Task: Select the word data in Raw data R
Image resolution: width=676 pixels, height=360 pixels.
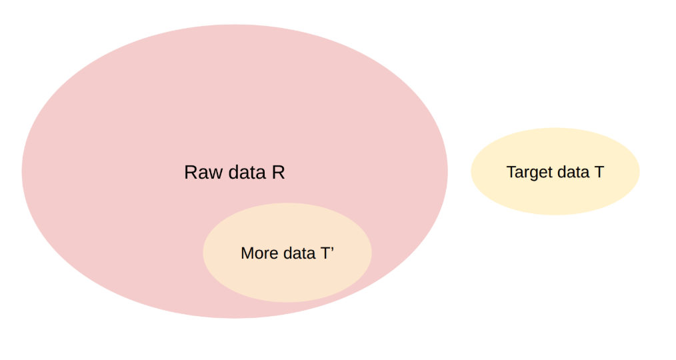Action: (247, 173)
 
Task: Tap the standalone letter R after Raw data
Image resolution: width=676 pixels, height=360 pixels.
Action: (279, 173)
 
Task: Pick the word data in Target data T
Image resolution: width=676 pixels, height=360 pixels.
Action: (573, 172)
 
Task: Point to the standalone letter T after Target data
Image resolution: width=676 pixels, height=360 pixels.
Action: (599, 172)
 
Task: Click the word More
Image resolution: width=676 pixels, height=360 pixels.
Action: (260, 253)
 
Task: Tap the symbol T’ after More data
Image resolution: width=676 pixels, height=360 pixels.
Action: (327, 253)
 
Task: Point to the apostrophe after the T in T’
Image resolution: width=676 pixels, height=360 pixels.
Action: (333, 249)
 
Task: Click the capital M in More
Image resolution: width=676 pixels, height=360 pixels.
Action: (247, 253)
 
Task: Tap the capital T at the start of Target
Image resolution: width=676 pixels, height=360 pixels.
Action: (512, 172)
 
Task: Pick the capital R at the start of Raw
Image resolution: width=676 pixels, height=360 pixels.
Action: (191, 173)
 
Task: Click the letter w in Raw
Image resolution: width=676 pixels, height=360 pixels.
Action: (215, 174)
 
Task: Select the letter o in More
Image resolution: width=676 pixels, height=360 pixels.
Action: (259, 255)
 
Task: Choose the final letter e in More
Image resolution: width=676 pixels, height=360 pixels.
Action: (275, 255)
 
